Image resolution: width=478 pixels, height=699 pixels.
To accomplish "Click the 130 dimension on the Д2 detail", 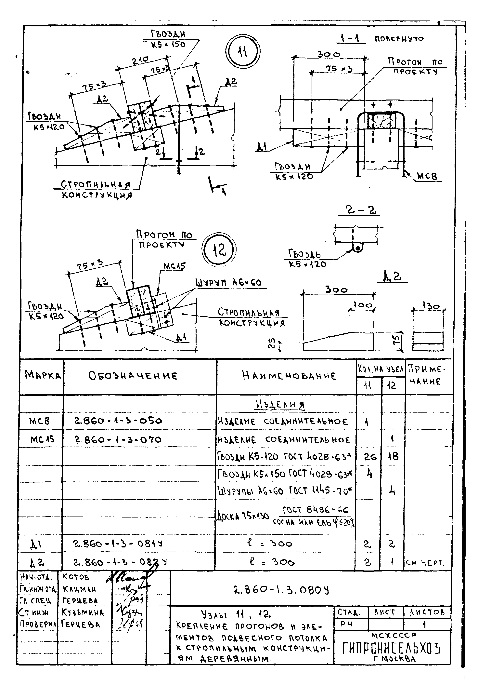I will coord(431,306).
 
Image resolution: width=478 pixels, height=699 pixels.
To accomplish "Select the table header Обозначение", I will coord(133,376).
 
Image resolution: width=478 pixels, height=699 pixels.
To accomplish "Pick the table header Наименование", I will coord(289,376).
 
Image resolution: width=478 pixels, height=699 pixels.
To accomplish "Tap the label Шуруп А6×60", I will coord(228,283).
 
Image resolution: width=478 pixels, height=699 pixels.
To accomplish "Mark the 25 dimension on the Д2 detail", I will coord(271,343).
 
